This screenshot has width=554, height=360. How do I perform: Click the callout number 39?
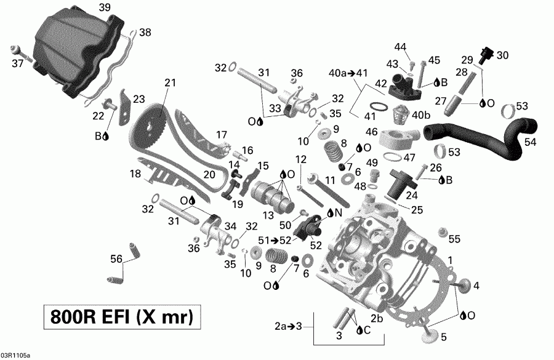click(105, 7)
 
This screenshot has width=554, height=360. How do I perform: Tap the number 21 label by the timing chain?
click(170, 82)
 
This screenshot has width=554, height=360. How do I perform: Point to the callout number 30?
click(503, 55)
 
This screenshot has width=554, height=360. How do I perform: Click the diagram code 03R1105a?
click(15, 355)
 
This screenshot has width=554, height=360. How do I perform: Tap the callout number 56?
click(115, 259)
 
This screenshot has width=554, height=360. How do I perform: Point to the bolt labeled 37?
click(17, 49)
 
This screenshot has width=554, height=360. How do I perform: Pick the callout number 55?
click(454, 238)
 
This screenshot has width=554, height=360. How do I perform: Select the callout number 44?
click(401, 47)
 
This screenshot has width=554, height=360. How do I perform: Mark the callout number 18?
click(135, 174)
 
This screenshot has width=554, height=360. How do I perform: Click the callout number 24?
click(410, 196)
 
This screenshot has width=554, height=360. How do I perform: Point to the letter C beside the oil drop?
click(367, 330)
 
